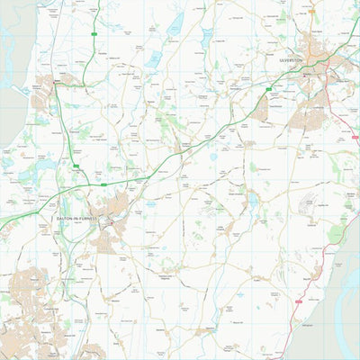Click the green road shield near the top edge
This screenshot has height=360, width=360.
tap(94, 35)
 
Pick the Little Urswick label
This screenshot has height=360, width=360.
tap(222, 227)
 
